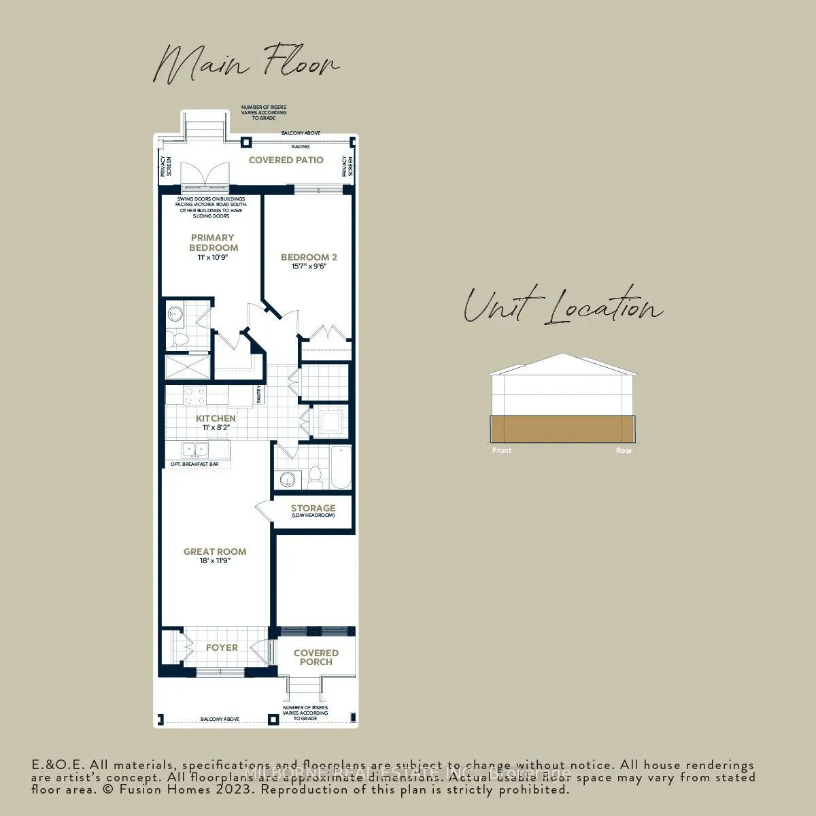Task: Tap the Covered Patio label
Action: pyautogui.click(x=286, y=160)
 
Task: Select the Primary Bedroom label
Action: pyautogui.click(x=214, y=243)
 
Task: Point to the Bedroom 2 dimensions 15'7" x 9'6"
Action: pyautogui.click(x=309, y=267)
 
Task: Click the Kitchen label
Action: pyautogui.click(x=216, y=418)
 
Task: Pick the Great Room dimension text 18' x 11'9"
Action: pyautogui.click(x=215, y=561)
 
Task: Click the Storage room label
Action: pyautogui.click(x=313, y=508)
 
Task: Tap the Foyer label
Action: pyautogui.click(x=222, y=647)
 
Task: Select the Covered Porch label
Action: pyautogui.click(x=316, y=657)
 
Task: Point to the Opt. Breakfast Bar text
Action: pyautogui.click(x=194, y=464)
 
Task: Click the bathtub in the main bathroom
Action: pyautogui.click(x=341, y=467)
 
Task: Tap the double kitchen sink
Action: pyautogui.click(x=195, y=449)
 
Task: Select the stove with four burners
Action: pyautogui.click(x=196, y=395)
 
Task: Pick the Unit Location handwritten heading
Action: pyautogui.click(x=562, y=306)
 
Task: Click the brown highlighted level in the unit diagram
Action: pyautogui.click(x=562, y=430)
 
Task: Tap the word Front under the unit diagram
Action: pyautogui.click(x=502, y=450)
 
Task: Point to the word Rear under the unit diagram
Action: pyautogui.click(x=624, y=450)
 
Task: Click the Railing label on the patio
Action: pyautogui.click(x=300, y=146)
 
